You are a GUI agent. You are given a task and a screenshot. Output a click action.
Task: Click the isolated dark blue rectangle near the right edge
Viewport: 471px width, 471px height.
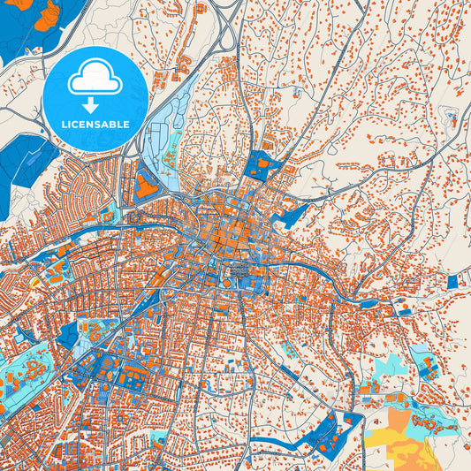coord(453,281)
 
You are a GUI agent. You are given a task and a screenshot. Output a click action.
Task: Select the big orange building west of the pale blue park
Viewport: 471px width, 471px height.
coord(144,186)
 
